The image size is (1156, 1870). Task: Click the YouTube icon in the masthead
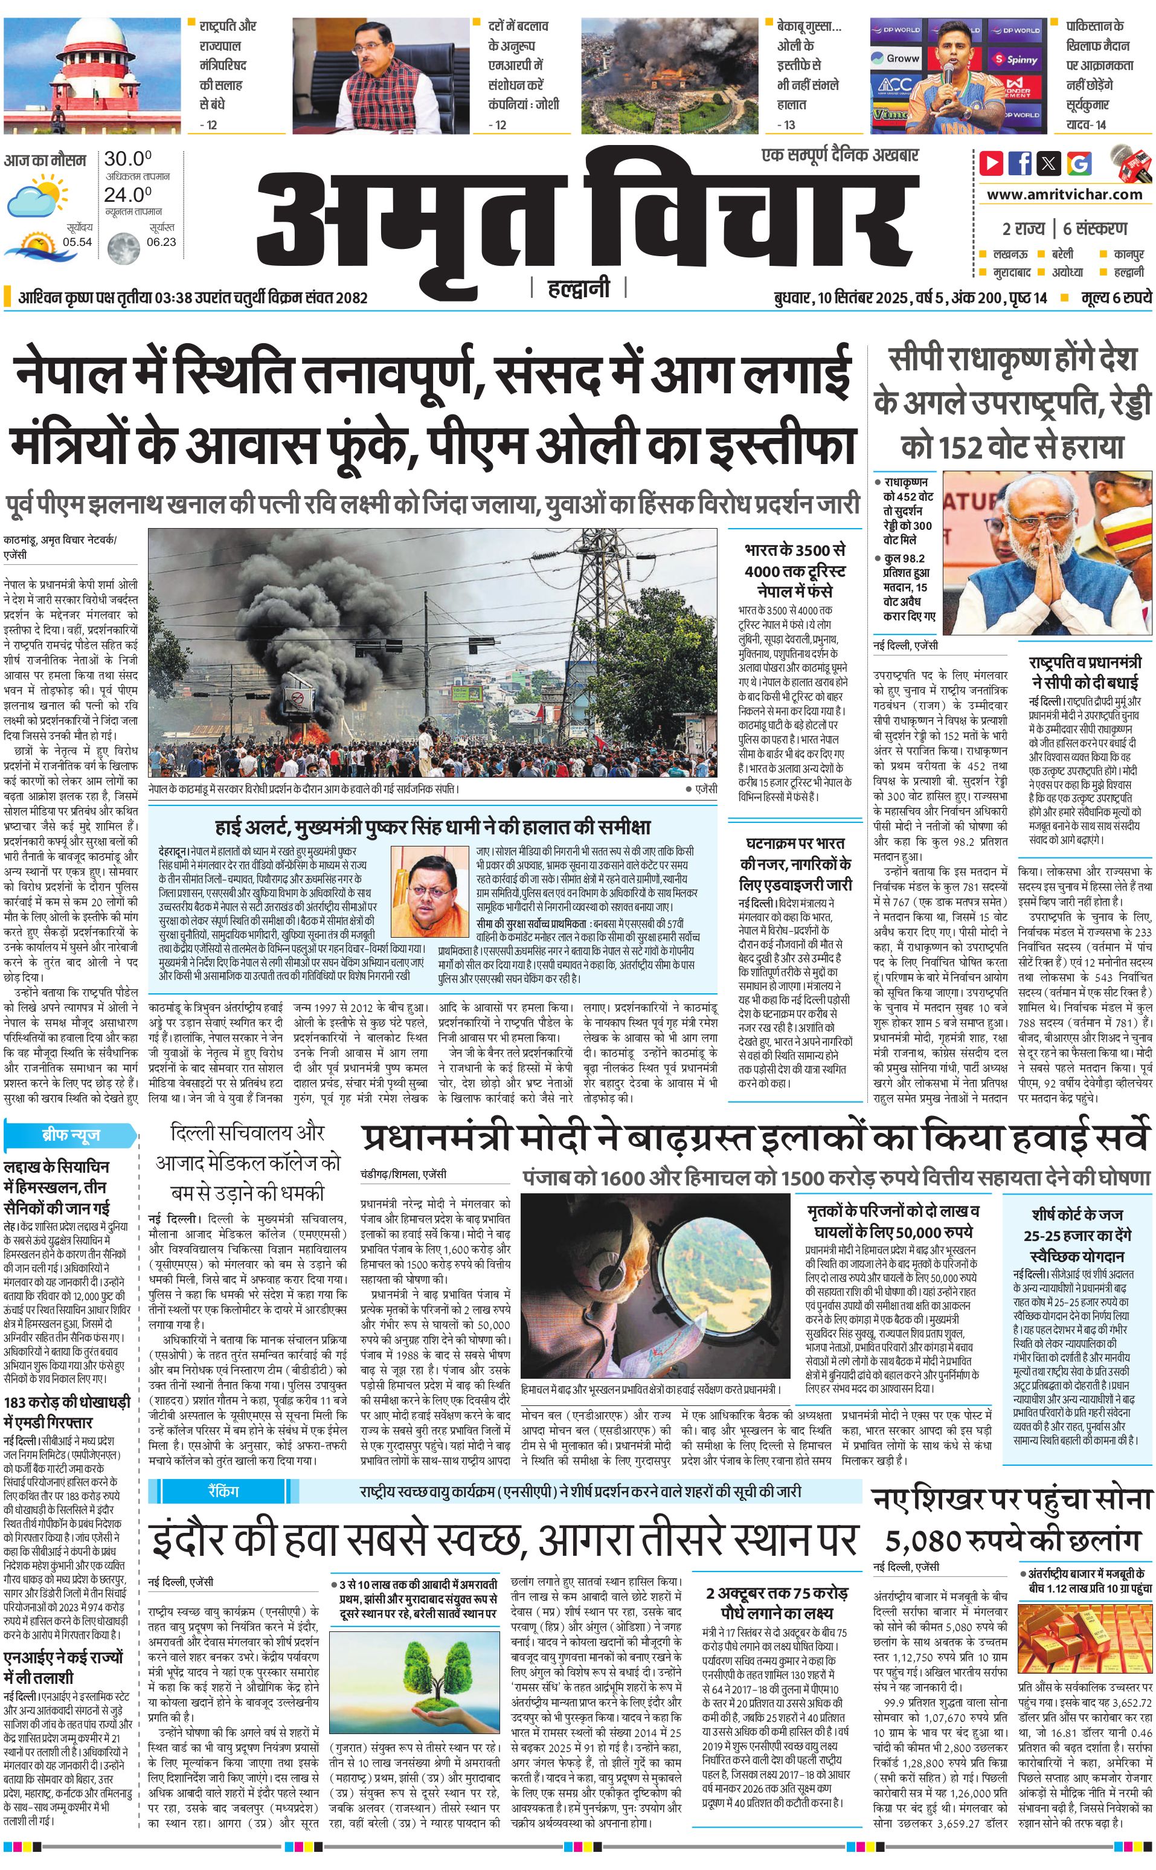992,163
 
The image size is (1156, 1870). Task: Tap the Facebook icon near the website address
1020,163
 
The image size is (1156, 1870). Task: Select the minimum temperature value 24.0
127,195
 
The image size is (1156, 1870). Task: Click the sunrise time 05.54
77,242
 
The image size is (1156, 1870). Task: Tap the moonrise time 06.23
161,242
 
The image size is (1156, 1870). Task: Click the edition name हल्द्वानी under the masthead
579,288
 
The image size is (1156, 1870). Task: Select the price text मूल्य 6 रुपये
1116,297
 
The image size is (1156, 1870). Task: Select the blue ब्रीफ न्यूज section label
70,1134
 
